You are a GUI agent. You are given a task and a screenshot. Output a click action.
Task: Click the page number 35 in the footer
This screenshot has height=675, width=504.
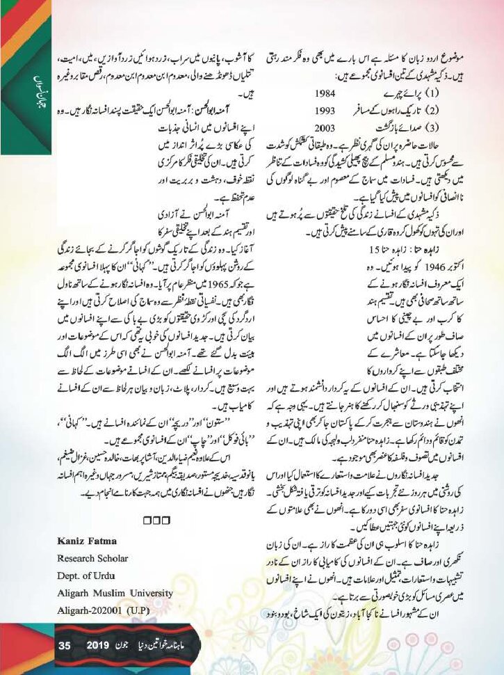tap(64, 646)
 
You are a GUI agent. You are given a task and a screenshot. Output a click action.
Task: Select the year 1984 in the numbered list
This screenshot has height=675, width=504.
tap(343, 93)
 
